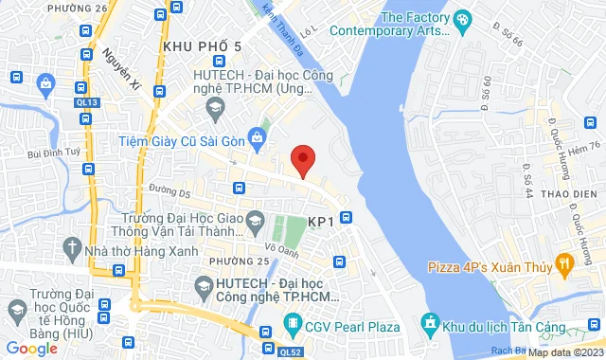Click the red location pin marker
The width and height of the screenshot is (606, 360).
(x=302, y=160)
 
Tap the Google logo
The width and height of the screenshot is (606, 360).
(x=31, y=349)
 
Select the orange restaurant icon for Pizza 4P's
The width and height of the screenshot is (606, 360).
(x=564, y=261)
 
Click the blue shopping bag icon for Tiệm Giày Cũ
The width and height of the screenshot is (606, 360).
(x=256, y=139)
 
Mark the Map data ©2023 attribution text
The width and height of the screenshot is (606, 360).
(x=562, y=352)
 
